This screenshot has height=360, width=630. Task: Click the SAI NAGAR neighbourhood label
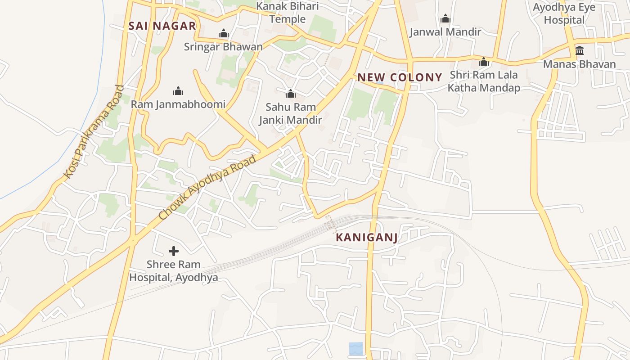[162, 26]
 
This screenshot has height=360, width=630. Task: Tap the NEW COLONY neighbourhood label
[400, 77]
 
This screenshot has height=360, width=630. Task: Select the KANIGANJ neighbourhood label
[367, 238]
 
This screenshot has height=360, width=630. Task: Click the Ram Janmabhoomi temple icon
[178, 91]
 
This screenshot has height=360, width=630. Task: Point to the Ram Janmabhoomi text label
[178, 104]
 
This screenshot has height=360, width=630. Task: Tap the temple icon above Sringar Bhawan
[223, 34]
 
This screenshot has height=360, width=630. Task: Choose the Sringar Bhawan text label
[223, 46]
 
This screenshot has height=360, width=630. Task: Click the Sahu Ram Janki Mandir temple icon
[290, 94]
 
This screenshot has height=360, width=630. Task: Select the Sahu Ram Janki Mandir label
[290, 113]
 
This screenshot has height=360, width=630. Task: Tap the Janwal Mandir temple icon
[445, 19]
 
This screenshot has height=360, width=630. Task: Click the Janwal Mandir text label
[445, 32]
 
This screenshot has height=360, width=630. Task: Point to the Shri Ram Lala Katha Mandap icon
[484, 62]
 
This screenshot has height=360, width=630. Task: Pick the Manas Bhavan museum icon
[579, 50]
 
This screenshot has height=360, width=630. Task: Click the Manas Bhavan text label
[579, 64]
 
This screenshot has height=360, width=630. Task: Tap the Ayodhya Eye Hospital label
[564, 13]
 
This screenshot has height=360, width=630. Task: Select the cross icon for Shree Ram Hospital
[173, 251]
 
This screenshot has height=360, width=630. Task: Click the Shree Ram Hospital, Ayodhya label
[173, 271]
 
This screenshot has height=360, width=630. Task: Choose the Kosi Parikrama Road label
[93, 131]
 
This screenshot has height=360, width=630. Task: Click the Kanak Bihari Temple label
[288, 13]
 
